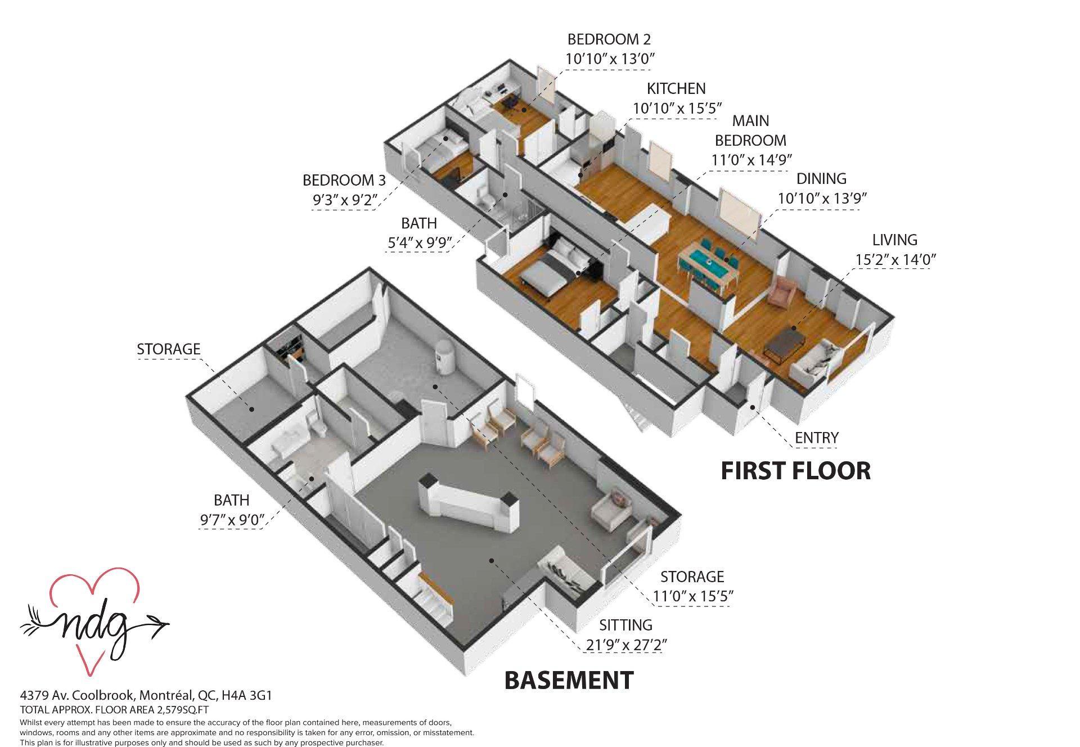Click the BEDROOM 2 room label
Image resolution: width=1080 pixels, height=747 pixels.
pyautogui.click(x=609, y=39)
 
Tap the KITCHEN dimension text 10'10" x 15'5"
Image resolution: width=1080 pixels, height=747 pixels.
pyautogui.click(x=677, y=108)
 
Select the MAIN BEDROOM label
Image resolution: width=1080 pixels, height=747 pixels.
pyautogui.click(x=750, y=130)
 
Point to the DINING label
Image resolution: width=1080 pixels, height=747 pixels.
pyautogui.click(x=821, y=179)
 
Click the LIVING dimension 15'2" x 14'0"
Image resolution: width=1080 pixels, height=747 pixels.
pyautogui.click(x=895, y=259)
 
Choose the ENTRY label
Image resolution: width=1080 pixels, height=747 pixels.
pyautogui.click(x=816, y=438)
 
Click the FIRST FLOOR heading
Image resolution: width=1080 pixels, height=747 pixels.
pyautogui.click(x=795, y=471)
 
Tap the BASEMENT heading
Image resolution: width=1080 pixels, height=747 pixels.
pyautogui.click(x=569, y=680)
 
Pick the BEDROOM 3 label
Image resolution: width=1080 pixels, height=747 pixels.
pyautogui.click(x=344, y=181)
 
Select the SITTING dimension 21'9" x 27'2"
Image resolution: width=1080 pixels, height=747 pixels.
pyautogui.click(x=625, y=645)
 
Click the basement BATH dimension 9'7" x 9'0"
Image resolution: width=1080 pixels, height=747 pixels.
pyautogui.click(x=232, y=520)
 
